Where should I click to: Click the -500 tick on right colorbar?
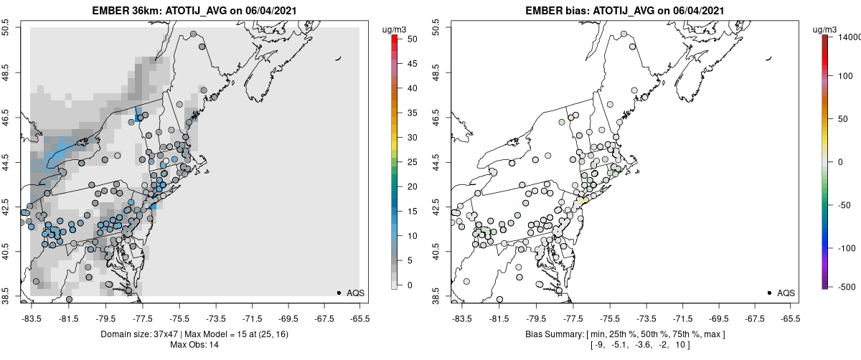click(842, 286)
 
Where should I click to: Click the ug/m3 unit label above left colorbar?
click(395, 29)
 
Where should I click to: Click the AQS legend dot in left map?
click(338, 293)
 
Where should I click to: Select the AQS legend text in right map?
click(786, 293)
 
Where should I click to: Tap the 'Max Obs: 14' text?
click(194, 345)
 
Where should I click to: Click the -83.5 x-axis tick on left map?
click(32, 318)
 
